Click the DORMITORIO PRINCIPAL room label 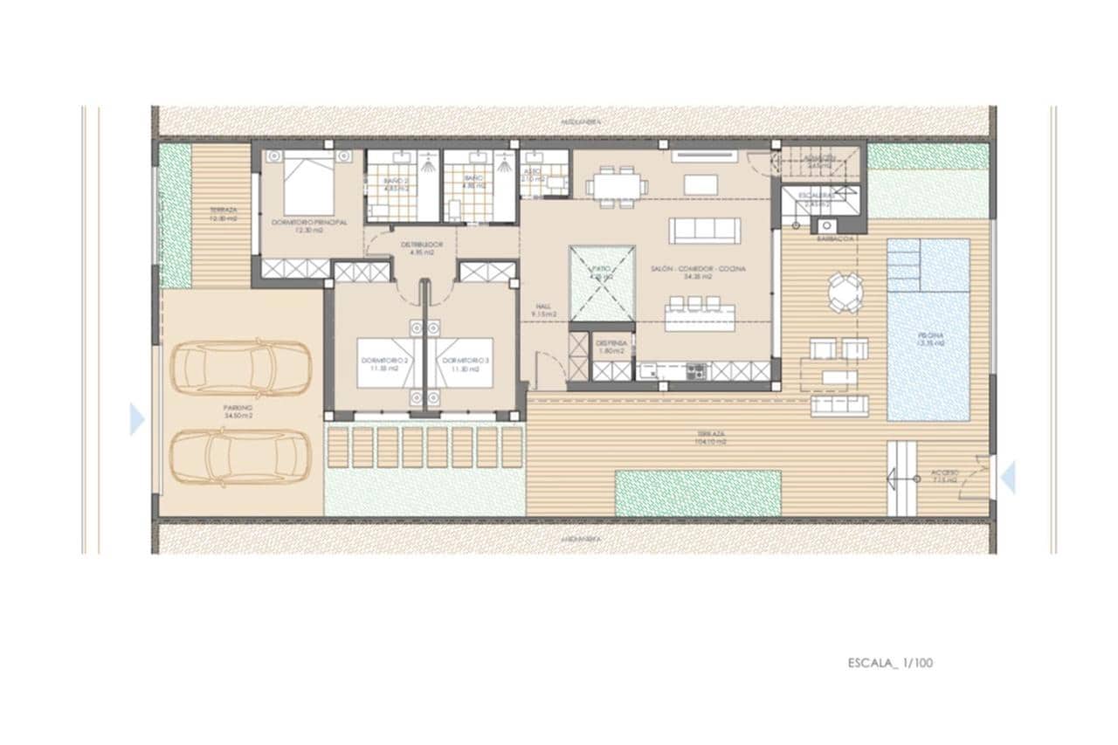tap(309, 223)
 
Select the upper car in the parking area tap(240, 368)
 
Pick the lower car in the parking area tap(240, 455)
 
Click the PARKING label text tap(237, 408)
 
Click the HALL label tap(543, 307)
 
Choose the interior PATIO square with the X tap(602, 284)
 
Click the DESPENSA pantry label tap(611, 343)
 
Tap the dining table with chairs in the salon tap(617, 186)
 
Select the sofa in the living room tap(704, 231)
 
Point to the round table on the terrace tap(845, 292)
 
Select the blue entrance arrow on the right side tap(1008, 478)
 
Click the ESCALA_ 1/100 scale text tap(890, 663)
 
